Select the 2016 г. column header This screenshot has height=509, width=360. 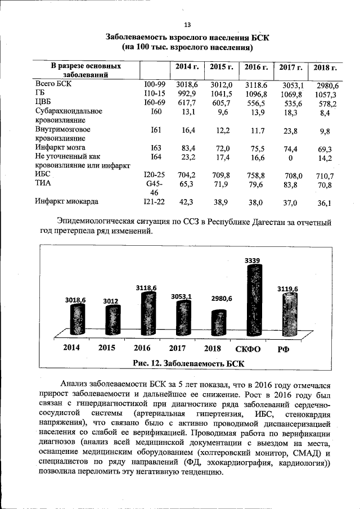point(256,67)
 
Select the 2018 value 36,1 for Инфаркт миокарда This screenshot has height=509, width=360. point(325,204)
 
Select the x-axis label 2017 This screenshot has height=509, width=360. point(178,348)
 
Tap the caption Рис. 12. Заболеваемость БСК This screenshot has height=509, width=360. point(188,363)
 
